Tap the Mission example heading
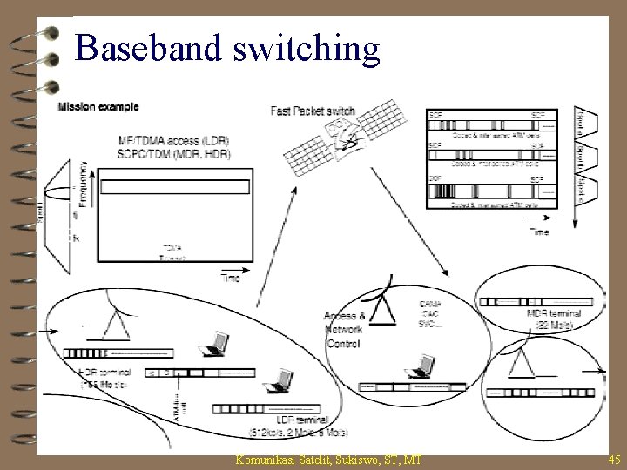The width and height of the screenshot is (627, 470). pyautogui.click(x=98, y=108)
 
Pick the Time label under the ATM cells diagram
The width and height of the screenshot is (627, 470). pyautogui.click(x=540, y=231)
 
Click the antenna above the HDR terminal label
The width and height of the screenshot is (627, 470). pyautogui.click(x=113, y=322)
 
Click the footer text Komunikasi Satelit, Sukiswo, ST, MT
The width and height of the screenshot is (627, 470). pyautogui.click(x=328, y=458)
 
